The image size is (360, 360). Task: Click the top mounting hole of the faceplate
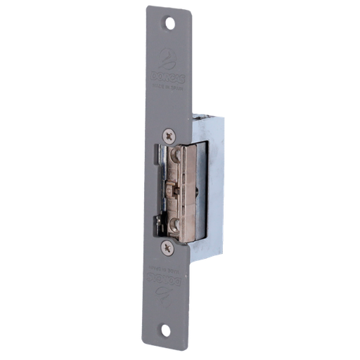pyautogui.click(x=169, y=23)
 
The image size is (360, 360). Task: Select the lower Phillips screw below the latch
pyautogui.click(x=167, y=246)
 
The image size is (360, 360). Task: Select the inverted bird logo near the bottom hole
pyautogui.click(x=167, y=296)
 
